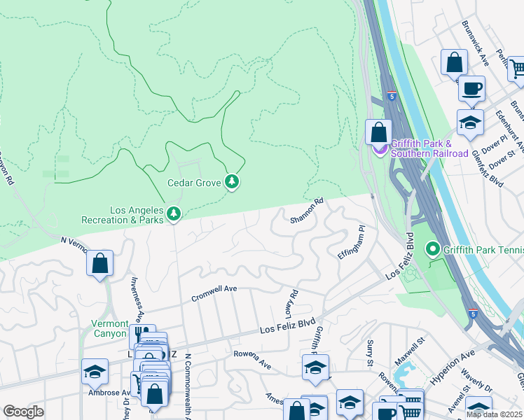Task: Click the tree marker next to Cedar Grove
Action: (x=232, y=183)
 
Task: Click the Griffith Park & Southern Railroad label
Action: (x=429, y=148)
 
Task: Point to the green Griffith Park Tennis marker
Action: (x=433, y=248)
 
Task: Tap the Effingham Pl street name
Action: (x=352, y=242)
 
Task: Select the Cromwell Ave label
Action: (x=215, y=294)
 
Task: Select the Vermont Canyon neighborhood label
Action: (x=109, y=329)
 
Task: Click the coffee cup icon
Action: (x=471, y=89)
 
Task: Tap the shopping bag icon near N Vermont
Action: (x=100, y=264)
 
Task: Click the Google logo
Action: (x=23, y=411)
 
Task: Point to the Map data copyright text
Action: (x=494, y=414)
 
